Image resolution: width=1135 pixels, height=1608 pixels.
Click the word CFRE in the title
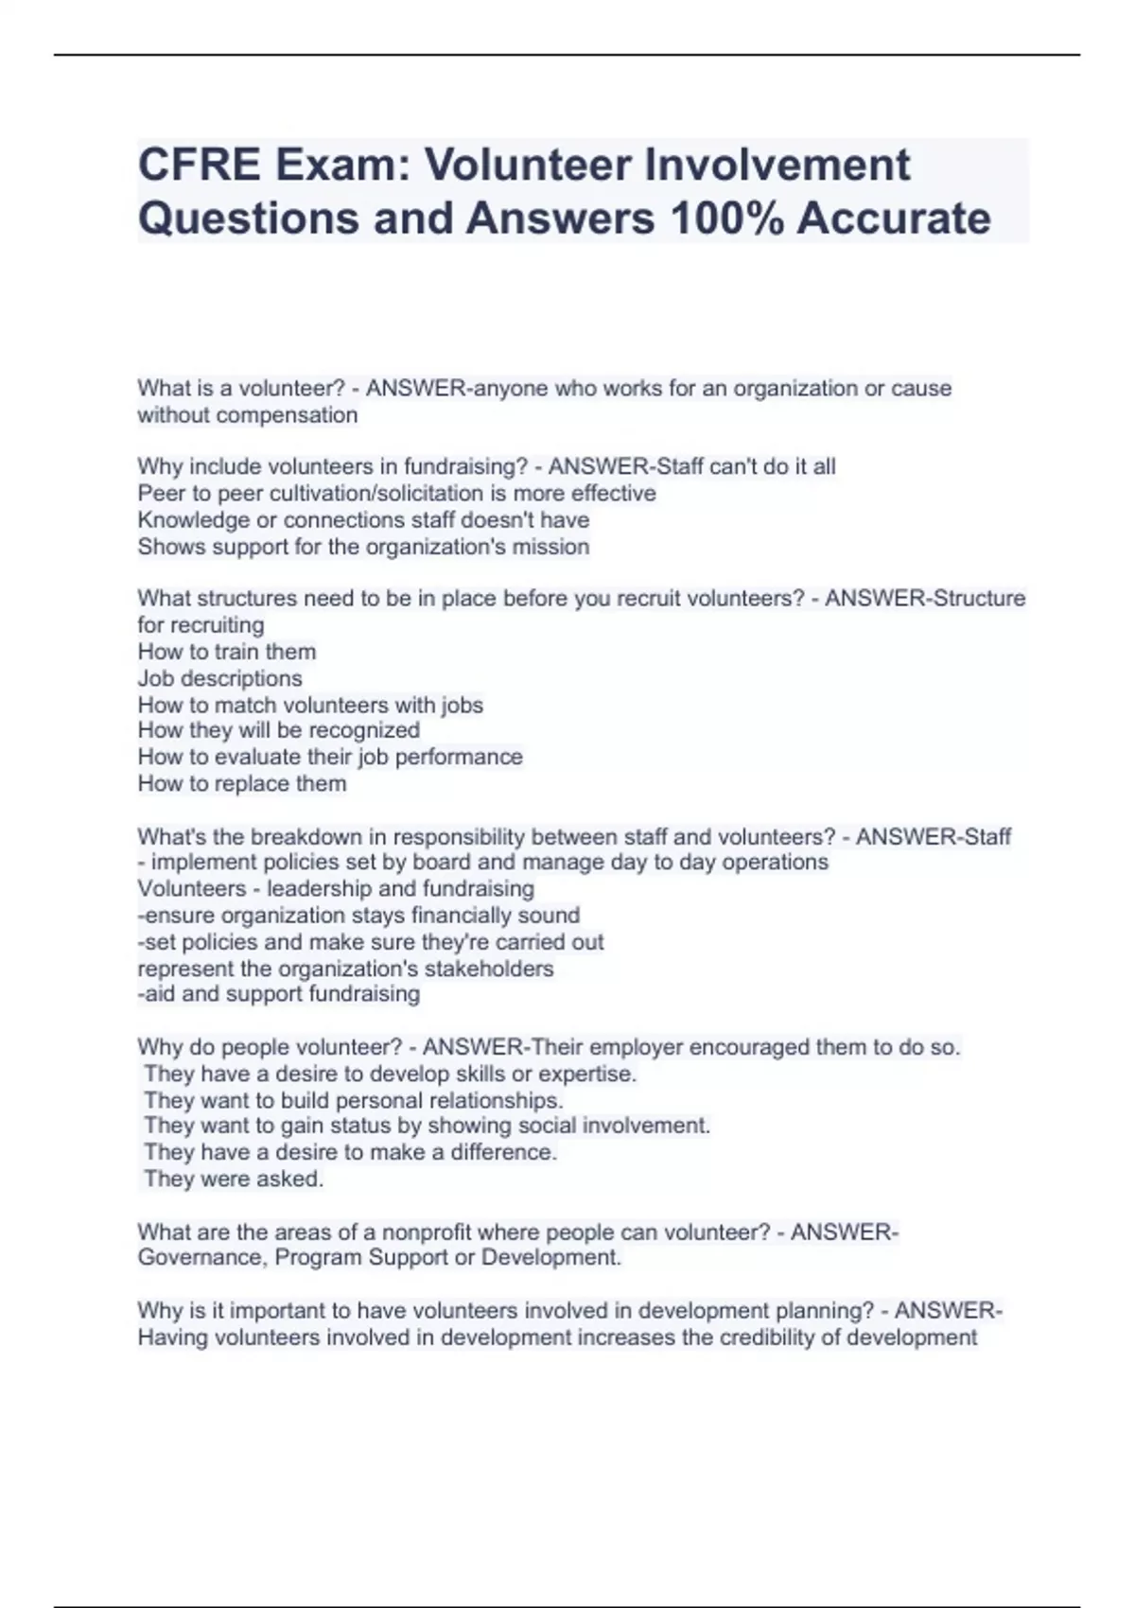tap(200, 166)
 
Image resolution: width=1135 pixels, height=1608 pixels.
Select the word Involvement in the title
tap(777, 166)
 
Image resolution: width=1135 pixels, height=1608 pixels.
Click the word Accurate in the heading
tap(894, 218)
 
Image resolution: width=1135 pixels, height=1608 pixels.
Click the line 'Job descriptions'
tap(219, 678)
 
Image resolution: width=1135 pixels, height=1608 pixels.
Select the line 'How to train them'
tap(227, 652)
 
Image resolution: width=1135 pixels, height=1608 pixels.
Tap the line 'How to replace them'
tap(242, 783)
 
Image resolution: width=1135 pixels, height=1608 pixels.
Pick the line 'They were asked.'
tap(234, 1179)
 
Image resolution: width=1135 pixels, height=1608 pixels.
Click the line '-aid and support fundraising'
tap(279, 994)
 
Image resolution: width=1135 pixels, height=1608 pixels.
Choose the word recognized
tap(364, 730)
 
